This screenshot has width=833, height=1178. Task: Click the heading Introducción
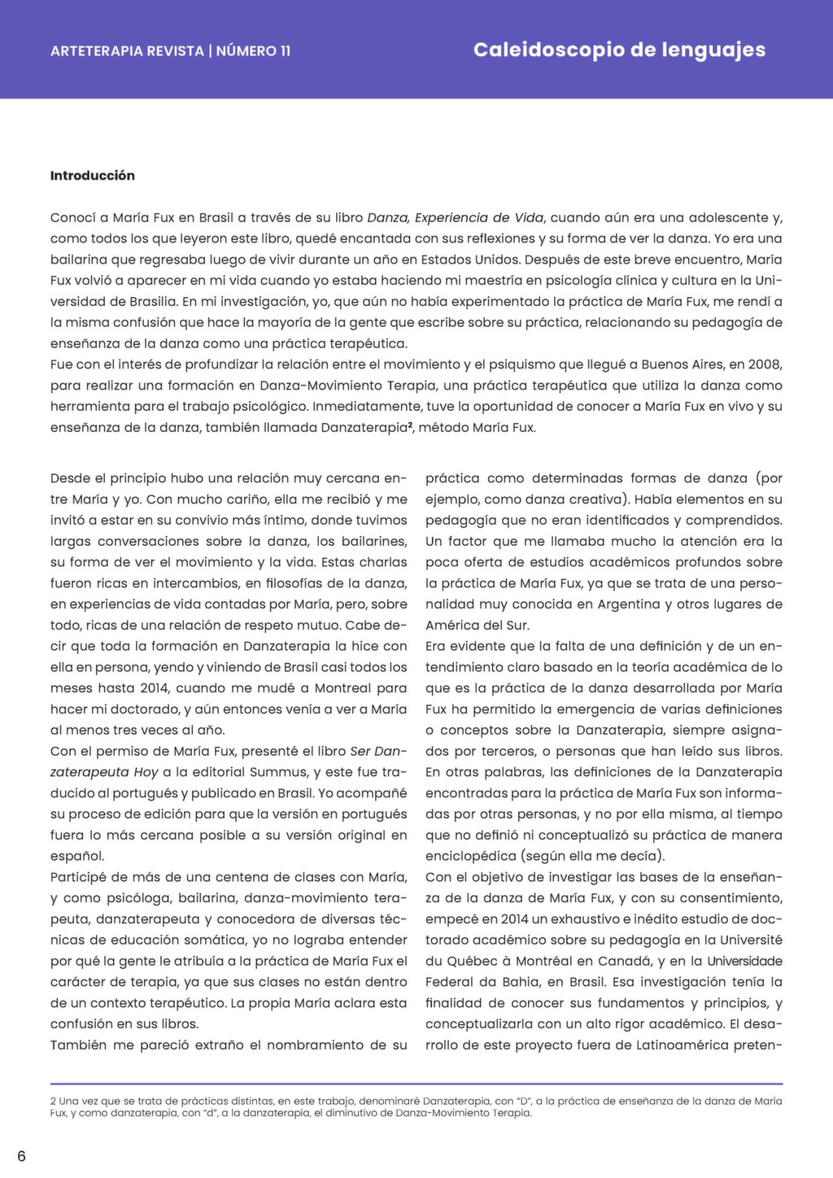(93, 176)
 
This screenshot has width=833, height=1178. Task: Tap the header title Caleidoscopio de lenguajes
(619, 50)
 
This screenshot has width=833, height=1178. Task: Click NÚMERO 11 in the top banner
(253, 50)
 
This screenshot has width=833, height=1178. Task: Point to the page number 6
(21, 1156)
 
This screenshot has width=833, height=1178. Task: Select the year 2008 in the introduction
(766, 364)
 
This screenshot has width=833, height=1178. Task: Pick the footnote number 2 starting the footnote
(53, 1101)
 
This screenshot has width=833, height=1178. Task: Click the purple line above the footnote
(416, 1084)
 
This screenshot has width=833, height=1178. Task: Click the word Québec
(472, 961)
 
